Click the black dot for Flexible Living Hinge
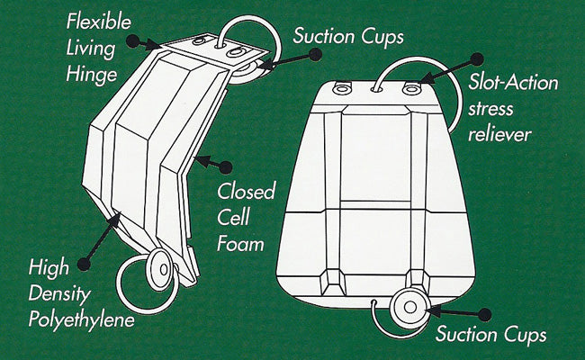(133, 41)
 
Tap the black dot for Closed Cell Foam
(226, 166)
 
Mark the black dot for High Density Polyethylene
(85, 264)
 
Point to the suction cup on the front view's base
(409, 308)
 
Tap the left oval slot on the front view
(342, 87)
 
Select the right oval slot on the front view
(413, 89)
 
